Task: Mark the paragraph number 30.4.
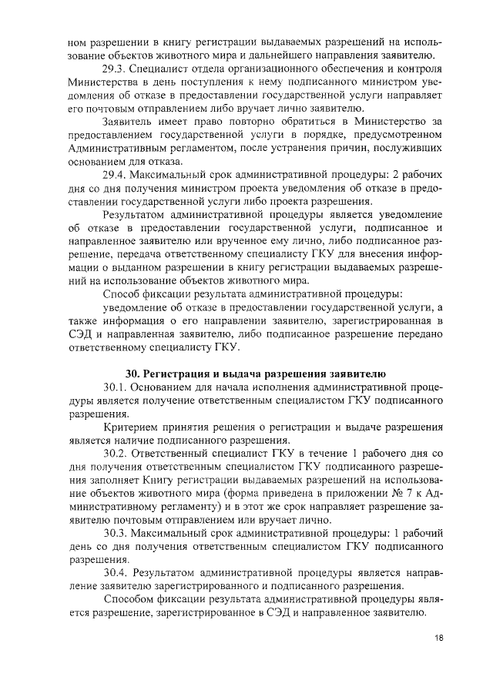[115, 573]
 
